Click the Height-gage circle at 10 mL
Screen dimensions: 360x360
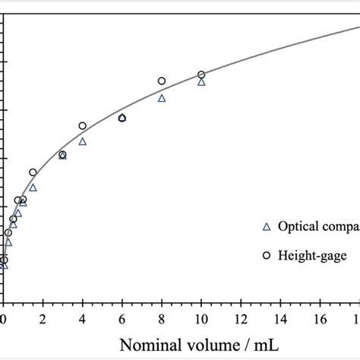click(x=201, y=74)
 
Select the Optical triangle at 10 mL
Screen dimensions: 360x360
click(x=201, y=82)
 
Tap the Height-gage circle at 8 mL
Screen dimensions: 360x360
click(x=162, y=81)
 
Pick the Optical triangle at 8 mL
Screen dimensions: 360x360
click(x=162, y=98)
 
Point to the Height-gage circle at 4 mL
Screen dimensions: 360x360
click(x=83, y=125)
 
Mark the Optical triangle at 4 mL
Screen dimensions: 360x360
click(x=83, y=141)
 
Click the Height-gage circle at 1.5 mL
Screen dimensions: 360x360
click(x=33, y=172)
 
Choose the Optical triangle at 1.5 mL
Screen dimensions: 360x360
click(x=33, y=187)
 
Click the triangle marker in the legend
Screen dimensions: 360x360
click(x=266, y=226)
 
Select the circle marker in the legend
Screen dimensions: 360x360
click(x=266, y=256)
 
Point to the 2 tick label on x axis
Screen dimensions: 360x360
click(x=43, y=319)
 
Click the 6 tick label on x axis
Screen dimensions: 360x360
click(x=122, y=319)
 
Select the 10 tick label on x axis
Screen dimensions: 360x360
click(x=201, y=319)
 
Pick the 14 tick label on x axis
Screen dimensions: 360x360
click(x=280, y=319)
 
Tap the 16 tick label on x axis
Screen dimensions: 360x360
click(x=320, y=319)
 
